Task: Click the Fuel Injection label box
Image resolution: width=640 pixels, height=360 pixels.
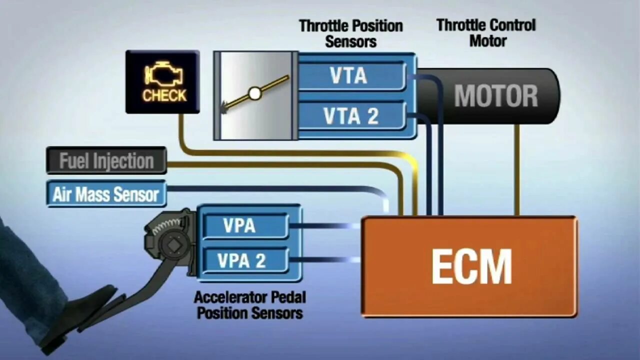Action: (106, 160)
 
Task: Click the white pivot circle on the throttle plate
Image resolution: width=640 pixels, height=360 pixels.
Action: (255, 93)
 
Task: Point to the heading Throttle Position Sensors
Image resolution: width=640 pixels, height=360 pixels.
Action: (350, 33)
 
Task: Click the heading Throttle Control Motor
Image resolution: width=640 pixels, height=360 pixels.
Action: (486, 32)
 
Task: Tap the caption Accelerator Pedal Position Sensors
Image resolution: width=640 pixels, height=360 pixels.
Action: (249, 305)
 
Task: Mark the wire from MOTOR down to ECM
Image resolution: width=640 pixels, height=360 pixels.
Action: (516, 170)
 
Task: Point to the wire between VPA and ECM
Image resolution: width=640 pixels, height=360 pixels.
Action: (325, 226)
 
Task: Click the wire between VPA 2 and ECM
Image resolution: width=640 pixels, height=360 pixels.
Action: (325, 260)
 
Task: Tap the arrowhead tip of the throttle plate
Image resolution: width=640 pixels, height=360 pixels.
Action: (223, 107)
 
